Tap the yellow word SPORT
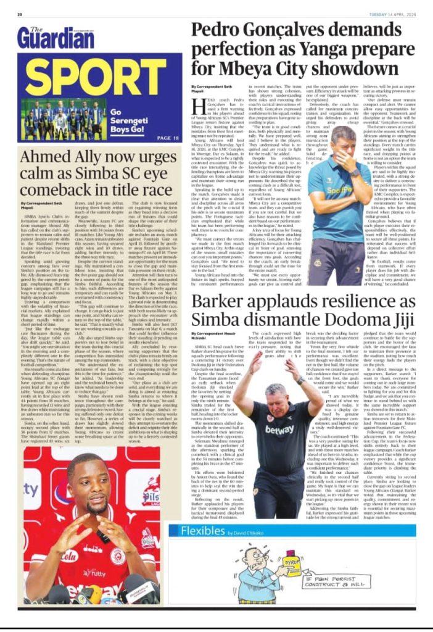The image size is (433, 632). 95,72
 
